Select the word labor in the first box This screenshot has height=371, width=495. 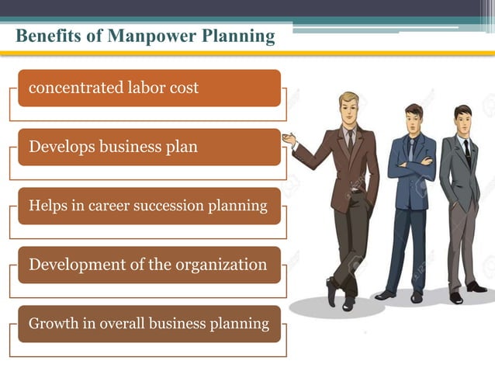[x=140, y=88]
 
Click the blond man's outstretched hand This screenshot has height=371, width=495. [x=289, y=140]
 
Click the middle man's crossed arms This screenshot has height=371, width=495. [x=411, y=165]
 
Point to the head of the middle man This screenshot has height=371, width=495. [x=414, y=118]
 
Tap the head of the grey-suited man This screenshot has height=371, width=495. [x=463, y=119]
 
